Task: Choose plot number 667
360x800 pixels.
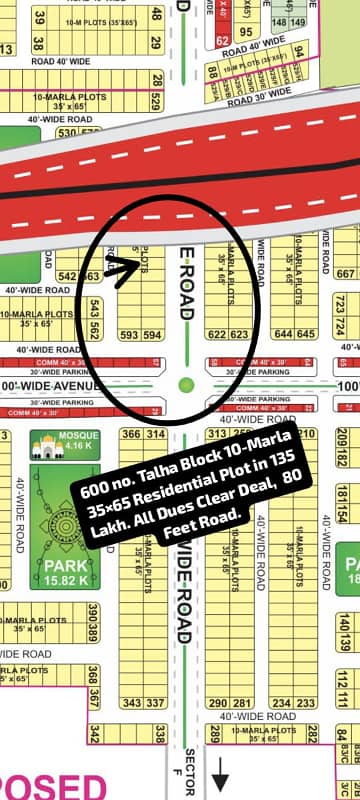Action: [x=345, y=275]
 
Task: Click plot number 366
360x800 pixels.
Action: [x=131, y=434]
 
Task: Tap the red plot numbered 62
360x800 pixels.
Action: [x=222, y=41]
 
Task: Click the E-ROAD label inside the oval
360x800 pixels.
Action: [x=185, y=284]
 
